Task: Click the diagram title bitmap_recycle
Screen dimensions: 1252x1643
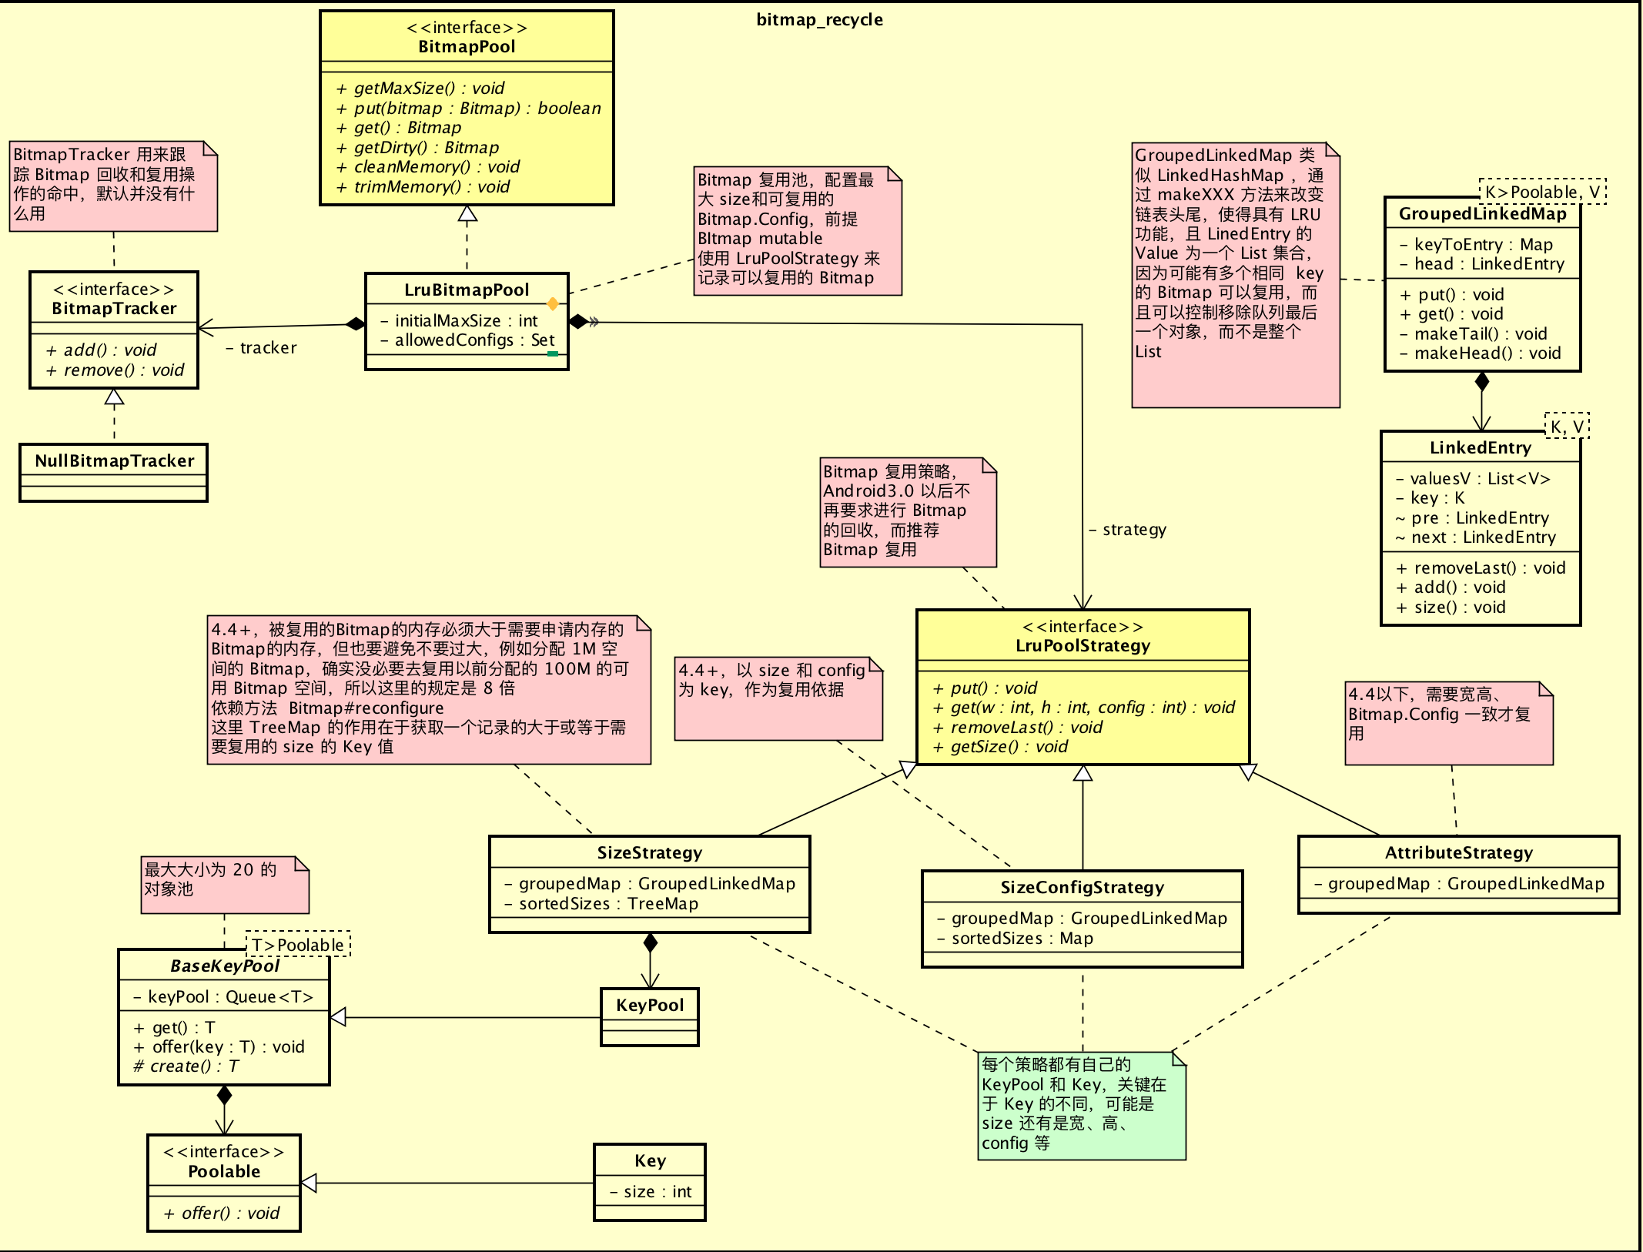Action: coord(819,20)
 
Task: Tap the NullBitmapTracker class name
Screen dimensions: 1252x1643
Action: coord(114,461)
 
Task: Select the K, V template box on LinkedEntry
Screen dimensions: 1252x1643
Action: coord(1567,427)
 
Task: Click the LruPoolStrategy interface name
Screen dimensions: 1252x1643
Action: coord(1083,646)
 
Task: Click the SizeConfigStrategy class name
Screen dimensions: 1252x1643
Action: coord(1082,888)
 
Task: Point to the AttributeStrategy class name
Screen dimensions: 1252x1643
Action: coord(1458,853)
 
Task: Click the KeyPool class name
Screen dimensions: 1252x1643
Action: coord(650,1006)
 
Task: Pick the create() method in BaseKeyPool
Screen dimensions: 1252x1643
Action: coord(186,1066)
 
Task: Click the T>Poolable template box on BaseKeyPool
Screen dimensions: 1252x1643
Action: coord(298,945)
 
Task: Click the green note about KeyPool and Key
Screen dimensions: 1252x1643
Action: coord(1081,1105)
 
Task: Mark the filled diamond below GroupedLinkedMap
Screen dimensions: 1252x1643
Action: coord(1481,381)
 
